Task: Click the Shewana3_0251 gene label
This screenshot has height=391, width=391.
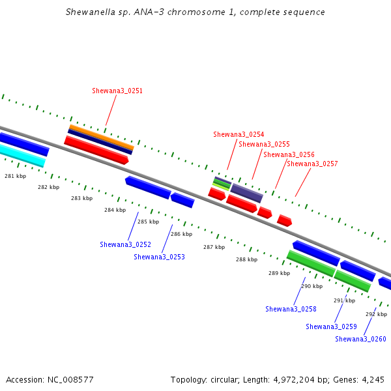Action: pyautogui.click(x=117, y=91)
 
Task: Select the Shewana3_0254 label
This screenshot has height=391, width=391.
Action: pyautogui.click(x=239, y=134)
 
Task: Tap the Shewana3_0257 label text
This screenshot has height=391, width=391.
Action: pyautogui.click(x=312, y=164)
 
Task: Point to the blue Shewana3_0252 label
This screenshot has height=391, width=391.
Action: pyautogui.click(x=125, y=244)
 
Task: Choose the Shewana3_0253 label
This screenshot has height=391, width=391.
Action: pyautogui.click(x=160, y=257)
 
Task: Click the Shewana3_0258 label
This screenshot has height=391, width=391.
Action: pyautogui.click(x=291, y=309)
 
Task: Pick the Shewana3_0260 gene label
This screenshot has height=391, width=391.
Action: pyautogui.click(x=360, y=339)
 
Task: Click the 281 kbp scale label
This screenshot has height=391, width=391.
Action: pyautogui.click(x=16, y=176)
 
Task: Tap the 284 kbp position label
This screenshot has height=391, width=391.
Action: pyautogui.click(x=115, y=210)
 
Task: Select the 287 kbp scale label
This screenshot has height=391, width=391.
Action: pyautogui.click(x=214, y=247)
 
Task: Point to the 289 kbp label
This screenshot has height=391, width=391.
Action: pyautogui.click(x=280, y=273)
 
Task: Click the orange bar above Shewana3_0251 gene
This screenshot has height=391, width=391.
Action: pyautogui.click(x=102, y=137)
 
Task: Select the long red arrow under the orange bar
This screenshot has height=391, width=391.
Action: pyautogui.click(x=96, y=150)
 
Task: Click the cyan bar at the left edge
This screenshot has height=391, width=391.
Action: pyautogui.click(x=22, y=155)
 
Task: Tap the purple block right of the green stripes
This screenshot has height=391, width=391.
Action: pyautogui.click(x=246, y=193)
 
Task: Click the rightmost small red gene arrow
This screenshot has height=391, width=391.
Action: pyautogui.click(x=285, y=220)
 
